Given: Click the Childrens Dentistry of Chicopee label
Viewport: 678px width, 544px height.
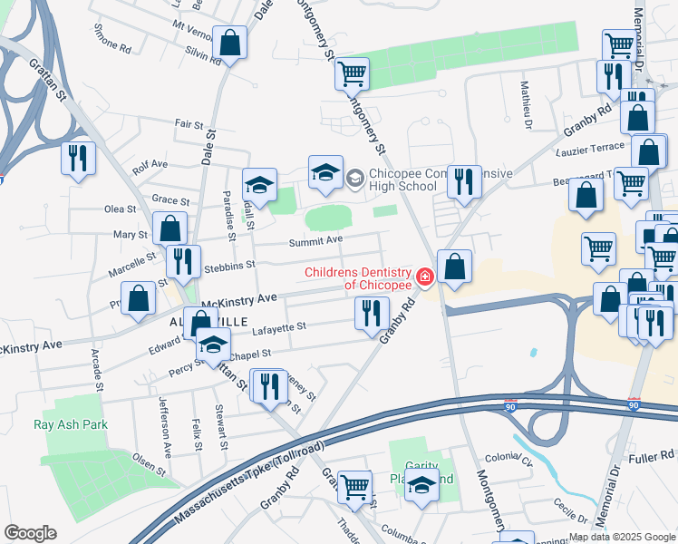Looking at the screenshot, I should (x=359, y=278).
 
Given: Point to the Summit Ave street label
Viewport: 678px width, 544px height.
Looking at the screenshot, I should (x=315, y=240).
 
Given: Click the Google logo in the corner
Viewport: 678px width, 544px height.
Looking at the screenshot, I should (x=30, y=533).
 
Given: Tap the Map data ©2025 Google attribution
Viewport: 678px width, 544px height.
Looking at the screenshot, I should (x=622, y=537).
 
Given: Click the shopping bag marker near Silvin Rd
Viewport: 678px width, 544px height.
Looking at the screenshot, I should (x=230, y=43).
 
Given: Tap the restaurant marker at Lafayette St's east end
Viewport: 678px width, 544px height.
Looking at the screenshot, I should (x=372, y=314).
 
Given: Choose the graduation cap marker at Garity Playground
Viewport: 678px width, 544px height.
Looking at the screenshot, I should (x=421, y=487).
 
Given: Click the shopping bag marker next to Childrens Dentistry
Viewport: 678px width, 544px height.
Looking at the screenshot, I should (x=455, y=267).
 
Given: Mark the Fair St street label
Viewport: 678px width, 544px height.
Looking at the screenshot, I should (x=189, y=123).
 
